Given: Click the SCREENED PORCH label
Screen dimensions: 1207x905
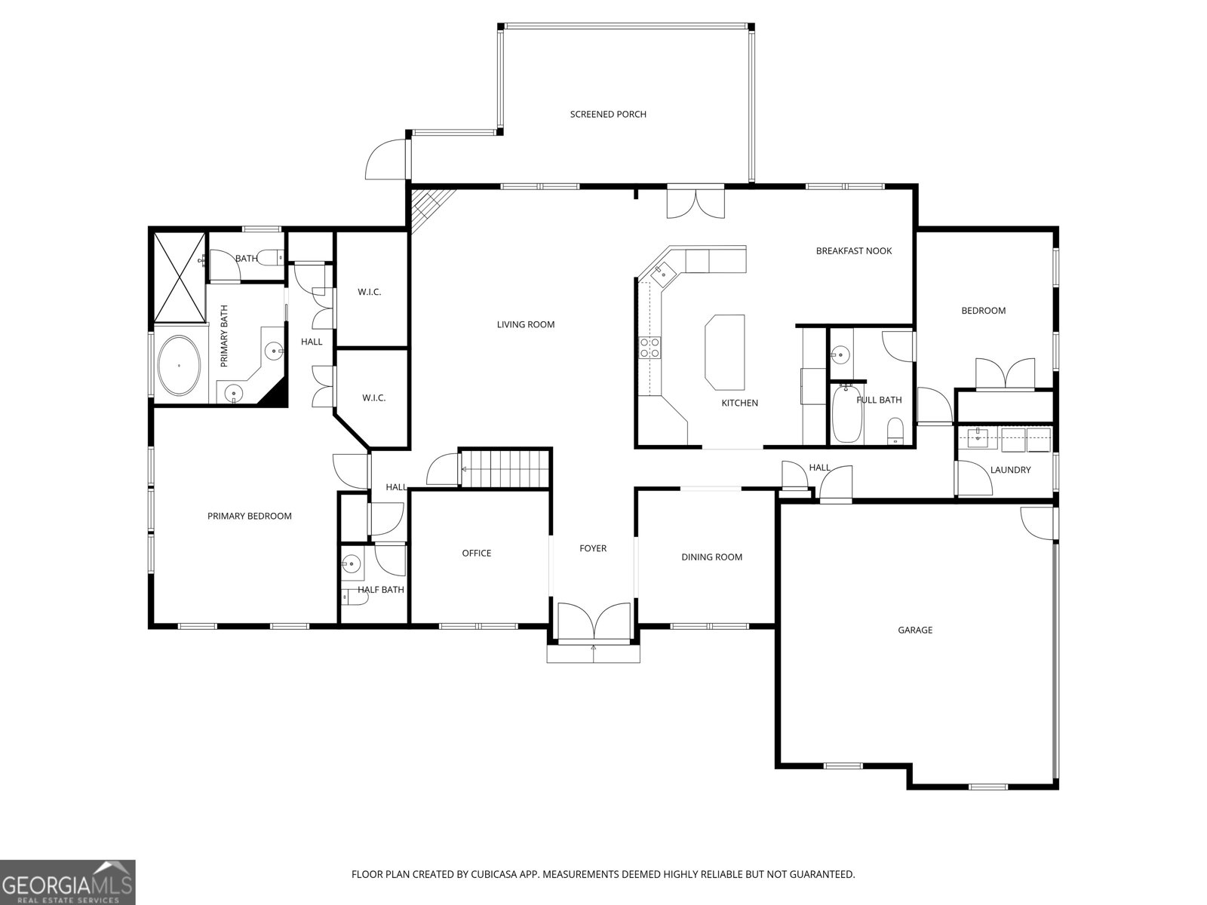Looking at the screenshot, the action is point(607,115).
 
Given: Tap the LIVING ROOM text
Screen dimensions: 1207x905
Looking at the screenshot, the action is point(525,325).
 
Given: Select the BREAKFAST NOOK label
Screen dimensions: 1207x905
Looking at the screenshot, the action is point(853,251).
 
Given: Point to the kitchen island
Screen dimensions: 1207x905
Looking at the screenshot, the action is point(725,352).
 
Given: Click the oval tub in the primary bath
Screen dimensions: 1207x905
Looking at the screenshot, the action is point(179,366).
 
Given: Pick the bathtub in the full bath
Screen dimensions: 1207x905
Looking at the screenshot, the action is point(847,413).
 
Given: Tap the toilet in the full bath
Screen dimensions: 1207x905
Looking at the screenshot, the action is point(895,431).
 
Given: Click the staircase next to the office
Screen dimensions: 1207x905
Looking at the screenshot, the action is point(505,468).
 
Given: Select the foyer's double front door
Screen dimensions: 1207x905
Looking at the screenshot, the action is point(594,621).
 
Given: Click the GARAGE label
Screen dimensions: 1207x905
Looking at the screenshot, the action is point(915,630).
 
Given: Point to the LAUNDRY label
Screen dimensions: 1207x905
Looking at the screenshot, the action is point(1010,470).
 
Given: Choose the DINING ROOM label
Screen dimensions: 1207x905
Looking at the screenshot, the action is point(711,557).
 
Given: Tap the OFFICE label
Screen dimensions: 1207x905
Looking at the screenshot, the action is point(476,554).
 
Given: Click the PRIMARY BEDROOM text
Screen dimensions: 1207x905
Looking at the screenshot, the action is point(249,516).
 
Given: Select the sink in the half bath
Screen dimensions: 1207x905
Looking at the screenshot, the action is point(352,563).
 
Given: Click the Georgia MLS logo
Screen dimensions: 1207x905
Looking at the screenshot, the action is point(68,882).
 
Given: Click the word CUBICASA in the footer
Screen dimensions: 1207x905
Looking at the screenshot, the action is point(494,874).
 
